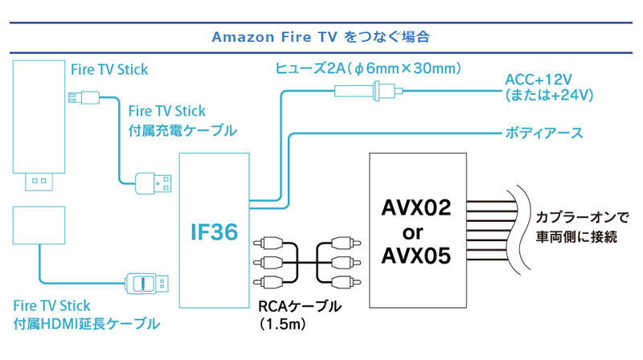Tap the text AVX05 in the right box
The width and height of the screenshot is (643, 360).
416,256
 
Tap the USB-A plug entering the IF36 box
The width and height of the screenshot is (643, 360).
154,182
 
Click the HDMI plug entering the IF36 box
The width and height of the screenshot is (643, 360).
146,284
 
